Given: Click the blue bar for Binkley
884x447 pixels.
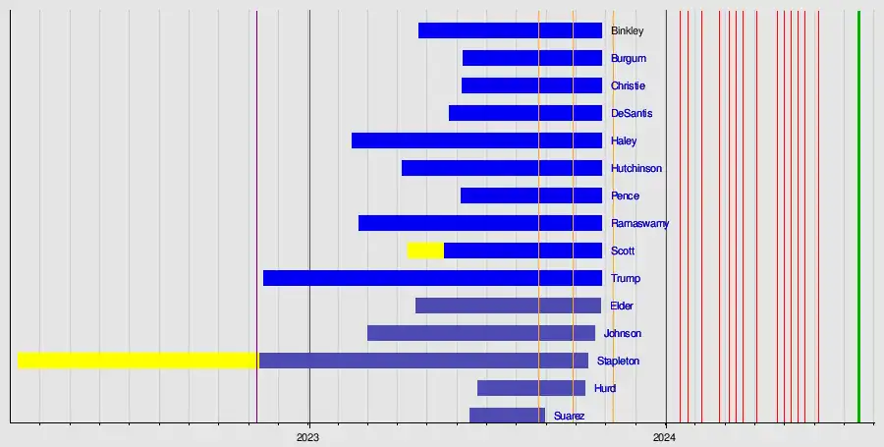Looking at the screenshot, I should pos(510,30).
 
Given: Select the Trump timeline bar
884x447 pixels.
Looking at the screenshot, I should pos(432,278).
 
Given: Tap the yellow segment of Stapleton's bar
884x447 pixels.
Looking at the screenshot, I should pos(138,361).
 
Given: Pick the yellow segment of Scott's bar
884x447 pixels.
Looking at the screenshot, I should pos(425,251).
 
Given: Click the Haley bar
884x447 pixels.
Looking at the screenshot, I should pos(476,140).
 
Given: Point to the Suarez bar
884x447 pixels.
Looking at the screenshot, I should pos(507,416).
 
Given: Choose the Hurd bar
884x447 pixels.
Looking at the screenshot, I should pos(531,388).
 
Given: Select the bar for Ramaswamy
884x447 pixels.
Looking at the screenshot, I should pos(479,223).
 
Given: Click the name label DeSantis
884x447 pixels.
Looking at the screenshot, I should pos(632,114).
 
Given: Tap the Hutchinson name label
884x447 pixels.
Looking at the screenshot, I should pos(636,169).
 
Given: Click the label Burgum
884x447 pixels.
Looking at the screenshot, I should pos(629,59).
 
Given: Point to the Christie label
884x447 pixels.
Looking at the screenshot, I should pos(628,86).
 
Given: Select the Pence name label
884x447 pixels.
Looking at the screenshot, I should pos(625,196).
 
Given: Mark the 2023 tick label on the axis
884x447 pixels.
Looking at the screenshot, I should pos(309,435).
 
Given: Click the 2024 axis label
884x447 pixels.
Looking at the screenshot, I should pos(665,435).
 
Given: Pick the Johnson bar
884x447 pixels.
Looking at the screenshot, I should pos(481,333).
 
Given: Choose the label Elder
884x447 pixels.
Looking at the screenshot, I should pos(622,307).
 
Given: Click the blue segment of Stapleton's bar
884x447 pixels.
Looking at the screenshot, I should pos(422,361).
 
